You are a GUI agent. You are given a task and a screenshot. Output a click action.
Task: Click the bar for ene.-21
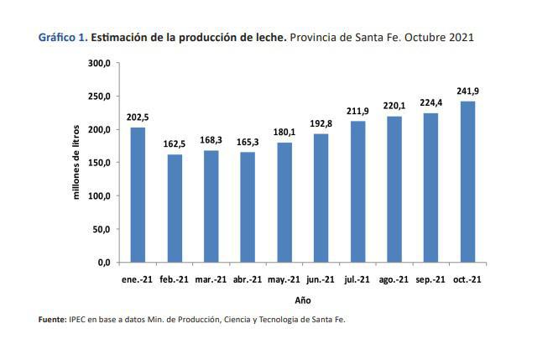tap(138, 195)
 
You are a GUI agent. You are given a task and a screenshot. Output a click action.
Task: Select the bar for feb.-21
tap(174, 208)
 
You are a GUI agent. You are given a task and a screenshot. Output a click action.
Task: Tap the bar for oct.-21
tap(467, 181)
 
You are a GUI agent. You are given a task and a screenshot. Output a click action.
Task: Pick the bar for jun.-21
tap(321, 198)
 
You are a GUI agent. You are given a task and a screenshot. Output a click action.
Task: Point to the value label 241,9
tap(468, 91)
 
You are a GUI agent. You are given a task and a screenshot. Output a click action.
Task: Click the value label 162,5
tap(174, 143)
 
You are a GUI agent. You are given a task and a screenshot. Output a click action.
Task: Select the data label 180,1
tap(284, 132)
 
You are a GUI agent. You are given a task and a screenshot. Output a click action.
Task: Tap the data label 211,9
tap(357, 111)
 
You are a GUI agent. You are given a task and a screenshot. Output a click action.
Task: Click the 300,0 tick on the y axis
tap(99, 64)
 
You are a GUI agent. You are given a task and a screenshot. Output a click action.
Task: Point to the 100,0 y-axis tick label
tap(99, 196)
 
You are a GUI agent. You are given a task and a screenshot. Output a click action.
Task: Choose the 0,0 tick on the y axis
tap(104, 263)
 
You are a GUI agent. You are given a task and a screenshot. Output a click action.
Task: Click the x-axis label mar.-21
tap(211, 279)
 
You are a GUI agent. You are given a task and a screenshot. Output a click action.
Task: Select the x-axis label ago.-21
tap(394, 279)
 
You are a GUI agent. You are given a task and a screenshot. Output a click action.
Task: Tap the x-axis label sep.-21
tap(431, 279)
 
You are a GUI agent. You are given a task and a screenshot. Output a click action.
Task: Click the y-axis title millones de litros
tap(76, 162)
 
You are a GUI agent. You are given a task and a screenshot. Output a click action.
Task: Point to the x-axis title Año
tap(303, 299)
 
